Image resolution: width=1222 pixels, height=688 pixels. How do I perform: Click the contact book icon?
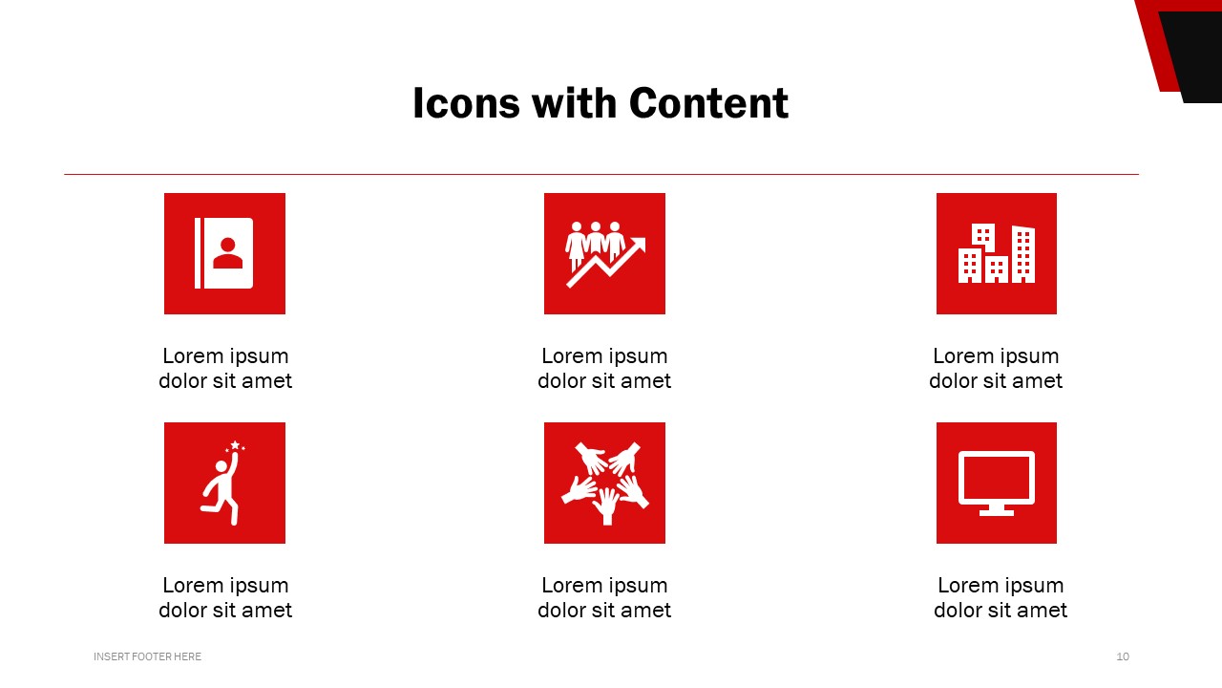coord(224,253)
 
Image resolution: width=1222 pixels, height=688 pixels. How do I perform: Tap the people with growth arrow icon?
coord(604,253)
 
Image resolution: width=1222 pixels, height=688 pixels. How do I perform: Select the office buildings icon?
coord(996,253)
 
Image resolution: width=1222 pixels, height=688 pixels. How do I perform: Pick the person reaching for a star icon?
coord(224,483)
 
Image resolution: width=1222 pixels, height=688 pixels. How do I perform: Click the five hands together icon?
coord(604,483)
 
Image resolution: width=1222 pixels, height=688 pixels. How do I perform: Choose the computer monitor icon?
coord(996,483)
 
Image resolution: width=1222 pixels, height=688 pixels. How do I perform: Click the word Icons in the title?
coord(466,103)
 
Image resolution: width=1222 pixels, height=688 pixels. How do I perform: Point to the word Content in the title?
coord(708,103)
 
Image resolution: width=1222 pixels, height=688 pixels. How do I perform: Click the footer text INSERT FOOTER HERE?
coord(147,656)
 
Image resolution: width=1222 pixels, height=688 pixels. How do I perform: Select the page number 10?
coord(1123,656)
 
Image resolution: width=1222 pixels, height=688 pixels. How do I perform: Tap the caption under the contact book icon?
coord(225,368)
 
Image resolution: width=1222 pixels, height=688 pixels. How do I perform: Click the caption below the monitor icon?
coord(1001,597)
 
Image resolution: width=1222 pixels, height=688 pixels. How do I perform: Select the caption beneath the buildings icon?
coord(996,368)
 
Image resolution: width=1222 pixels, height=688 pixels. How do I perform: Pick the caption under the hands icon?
coord(604,597)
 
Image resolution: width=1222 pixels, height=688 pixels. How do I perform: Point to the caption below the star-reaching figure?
coord(225,597)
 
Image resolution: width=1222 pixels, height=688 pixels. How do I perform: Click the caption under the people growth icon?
coord(604,368)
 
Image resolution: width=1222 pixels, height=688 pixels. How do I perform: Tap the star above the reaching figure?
coord(235,445)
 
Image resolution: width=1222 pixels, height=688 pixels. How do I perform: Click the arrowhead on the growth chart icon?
coord(639,244)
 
